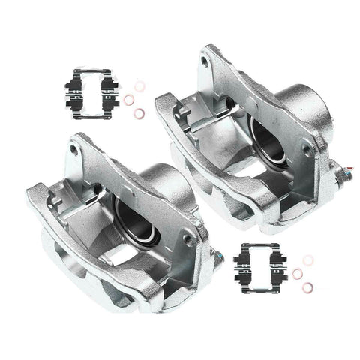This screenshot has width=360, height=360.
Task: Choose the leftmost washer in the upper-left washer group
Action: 129,98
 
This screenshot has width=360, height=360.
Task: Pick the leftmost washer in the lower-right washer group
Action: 297,270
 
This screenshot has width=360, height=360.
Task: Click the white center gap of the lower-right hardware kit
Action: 259,264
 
